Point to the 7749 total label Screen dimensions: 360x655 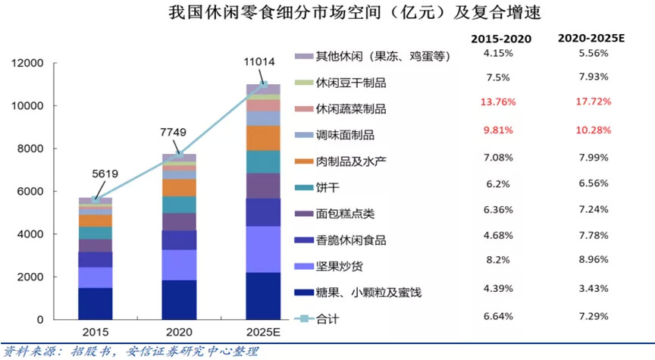[180, 134]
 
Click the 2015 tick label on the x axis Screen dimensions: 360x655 [95, 333]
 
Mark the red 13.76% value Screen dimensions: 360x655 [501, 101]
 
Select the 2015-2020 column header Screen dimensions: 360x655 [501, 39]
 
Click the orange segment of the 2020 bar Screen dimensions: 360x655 [180, 187]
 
